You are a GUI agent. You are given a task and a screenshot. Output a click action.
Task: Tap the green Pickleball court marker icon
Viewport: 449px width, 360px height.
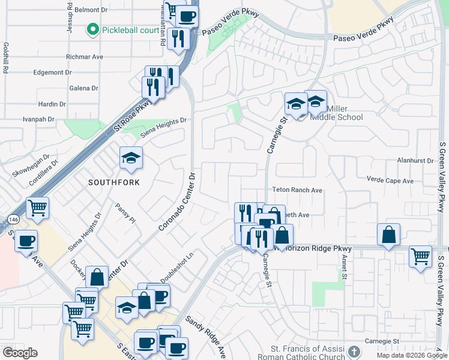pyautogui.click(x=92, y=29)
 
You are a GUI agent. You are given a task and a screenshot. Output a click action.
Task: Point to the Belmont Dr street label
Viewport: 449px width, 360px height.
pyautogui.click(x=90, y=10)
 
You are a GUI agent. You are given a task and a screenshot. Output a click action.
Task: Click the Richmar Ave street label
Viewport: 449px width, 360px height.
pyautogui.click(x=85, y=57)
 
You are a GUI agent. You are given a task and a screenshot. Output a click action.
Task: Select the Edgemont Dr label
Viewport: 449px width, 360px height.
pyautogui.click(x=53, y=73)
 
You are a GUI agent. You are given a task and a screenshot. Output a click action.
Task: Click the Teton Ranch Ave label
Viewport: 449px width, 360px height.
pyautogui.click(x=298, y=190)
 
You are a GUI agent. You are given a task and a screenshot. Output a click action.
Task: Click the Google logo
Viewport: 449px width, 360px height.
pyautogui.click(x=20, y=353)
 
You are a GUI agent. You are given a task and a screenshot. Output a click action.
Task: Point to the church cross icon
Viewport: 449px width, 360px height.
pyautogui.click(x=354, y=351)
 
